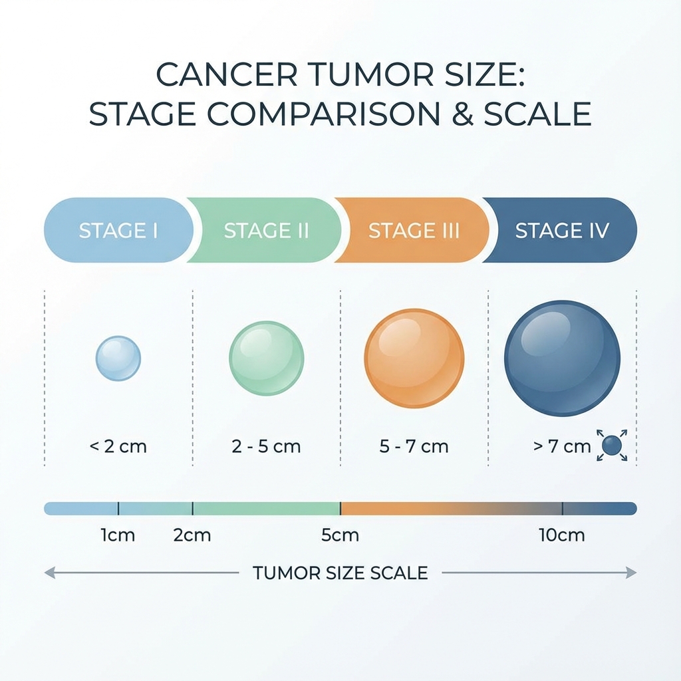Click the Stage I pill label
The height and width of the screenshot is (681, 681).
coord(118,230)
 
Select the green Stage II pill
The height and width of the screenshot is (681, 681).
coord(266,230)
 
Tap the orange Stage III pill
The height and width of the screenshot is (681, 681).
coord(414,230)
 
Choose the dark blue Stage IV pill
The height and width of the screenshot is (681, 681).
coord(562,230)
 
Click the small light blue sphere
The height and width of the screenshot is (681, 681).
coord(118,358)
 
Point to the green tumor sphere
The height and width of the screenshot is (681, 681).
coord(266,358)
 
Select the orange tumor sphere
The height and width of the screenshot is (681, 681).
coord(414,358)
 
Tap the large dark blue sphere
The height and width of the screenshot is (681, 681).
coord(562,358)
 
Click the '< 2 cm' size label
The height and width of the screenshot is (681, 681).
coord(118,446)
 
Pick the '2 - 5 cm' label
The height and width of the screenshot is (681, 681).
coord(266,446)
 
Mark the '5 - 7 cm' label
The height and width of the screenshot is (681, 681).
coord(414,446)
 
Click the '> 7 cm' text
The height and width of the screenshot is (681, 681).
coord(562,446)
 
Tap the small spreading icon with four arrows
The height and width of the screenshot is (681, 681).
coord(612,446)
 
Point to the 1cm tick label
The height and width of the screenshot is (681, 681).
coord(118,535)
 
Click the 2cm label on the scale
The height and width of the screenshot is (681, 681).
coord(192,535)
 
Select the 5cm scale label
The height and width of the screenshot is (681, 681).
coord(340,535)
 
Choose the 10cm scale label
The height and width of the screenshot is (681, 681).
coord(563,535)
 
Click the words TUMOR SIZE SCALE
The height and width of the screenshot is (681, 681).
coord(340,573)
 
